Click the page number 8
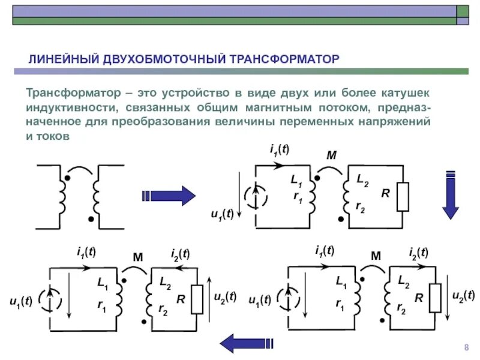466,349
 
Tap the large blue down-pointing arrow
450,196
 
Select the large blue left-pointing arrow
247,344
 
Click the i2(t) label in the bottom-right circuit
418,253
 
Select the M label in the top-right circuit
331,156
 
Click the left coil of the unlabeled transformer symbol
62,195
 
